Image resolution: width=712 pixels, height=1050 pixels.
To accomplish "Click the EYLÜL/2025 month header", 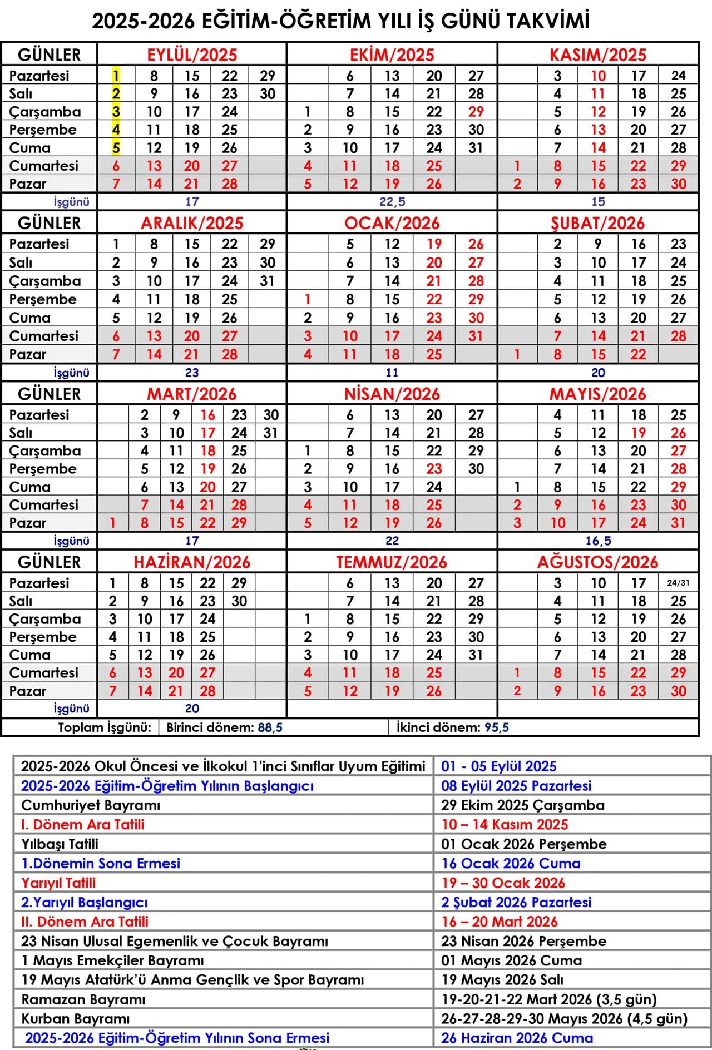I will pos(192,55).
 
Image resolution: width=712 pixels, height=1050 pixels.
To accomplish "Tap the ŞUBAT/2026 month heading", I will pos(597,223).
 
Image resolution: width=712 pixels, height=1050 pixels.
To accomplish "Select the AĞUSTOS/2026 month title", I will pos(597,562).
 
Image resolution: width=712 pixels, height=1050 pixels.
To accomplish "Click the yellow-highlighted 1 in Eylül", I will pos(116,75).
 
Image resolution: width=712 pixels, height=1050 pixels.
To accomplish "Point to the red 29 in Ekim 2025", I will pos(476,111).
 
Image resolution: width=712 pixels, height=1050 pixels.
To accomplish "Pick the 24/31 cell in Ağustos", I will pos(678,583).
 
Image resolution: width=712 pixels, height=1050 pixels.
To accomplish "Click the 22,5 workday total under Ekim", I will pos(392,201).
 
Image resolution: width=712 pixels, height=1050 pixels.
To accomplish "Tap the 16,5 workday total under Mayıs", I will pos(598,541).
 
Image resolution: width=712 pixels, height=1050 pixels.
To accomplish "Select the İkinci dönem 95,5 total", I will pos(453,727).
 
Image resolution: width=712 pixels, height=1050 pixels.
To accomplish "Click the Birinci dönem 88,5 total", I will pos(224,727).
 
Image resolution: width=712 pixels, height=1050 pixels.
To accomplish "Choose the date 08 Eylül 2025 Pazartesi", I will pos(516,785).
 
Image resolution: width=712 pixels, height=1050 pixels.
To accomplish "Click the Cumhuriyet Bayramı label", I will pos(91,805).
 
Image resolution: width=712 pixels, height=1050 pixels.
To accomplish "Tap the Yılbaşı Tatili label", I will pos(60,844).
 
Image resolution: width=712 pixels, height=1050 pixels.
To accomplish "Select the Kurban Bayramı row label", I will pos(76,1018).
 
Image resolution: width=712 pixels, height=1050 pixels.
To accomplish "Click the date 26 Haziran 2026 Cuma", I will pos(517,1038).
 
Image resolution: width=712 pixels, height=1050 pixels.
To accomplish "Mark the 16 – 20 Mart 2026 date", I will pos(499,922).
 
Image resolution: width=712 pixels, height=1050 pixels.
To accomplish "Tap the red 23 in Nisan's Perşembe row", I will pos(434,468).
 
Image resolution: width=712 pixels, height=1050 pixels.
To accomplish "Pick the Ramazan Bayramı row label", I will pos(83,999).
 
